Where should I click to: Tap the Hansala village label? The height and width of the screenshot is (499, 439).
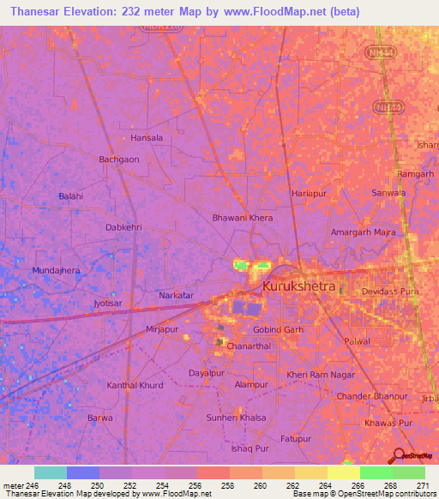pyautogui.click(x=146, y=137)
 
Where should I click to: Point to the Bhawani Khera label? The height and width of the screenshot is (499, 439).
pyautogui.click(x=243, y=218)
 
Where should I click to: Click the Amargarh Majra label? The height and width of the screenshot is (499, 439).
pyautogui.click(x=362, y=232)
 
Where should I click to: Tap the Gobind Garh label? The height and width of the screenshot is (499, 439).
pyautogui.click(x=278, y=329)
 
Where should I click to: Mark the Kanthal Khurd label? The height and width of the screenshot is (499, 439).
pyautogui.click(x=135, y=386)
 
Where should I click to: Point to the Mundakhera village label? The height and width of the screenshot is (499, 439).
pyautogui.click(x=56, y=270)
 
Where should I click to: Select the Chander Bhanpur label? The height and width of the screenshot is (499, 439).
pyautogui.click(x=372, y=396)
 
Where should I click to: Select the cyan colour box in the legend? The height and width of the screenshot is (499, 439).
pyautogui.click(x=51, y=472)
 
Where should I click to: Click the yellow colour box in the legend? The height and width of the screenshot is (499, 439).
pyautogui.click(x=343, y=472)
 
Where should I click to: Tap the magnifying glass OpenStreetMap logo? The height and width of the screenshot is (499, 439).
pyautogui.click(x=400, y=455)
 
